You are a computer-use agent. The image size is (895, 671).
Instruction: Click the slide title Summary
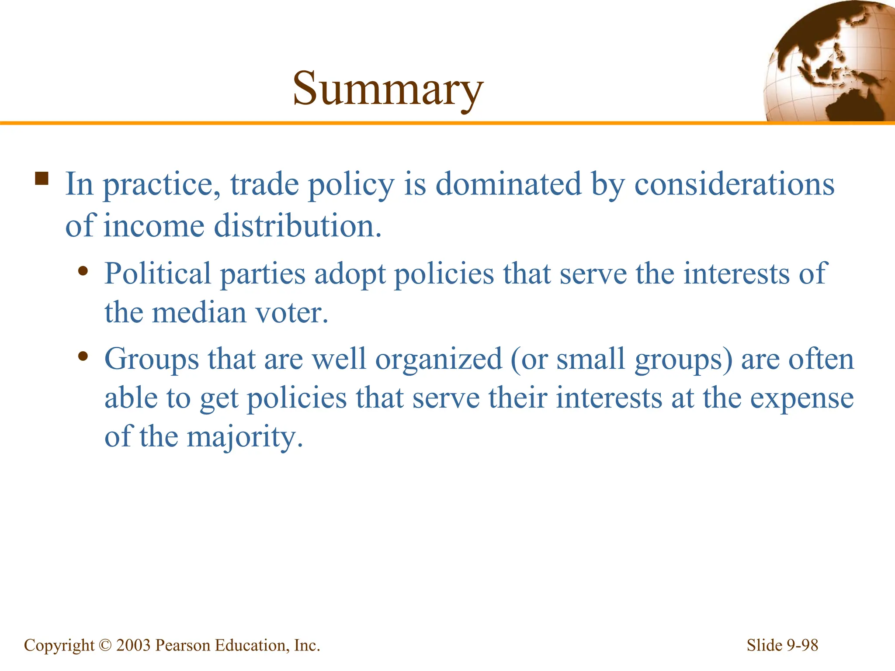pos(388,89)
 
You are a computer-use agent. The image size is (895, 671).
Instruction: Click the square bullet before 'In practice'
pos(42,179)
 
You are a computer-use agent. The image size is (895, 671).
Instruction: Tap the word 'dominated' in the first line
pos(508,184)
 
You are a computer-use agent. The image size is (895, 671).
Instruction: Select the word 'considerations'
pos(734,184)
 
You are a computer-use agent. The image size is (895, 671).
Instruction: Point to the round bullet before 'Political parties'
pos(83,272)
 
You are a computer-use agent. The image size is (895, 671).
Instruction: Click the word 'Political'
pos(158,274)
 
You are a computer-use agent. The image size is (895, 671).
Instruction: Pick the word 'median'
pos(199,313)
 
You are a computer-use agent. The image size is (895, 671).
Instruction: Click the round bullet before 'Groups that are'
pos(83,356)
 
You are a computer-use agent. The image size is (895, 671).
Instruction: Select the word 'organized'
pos(439,359)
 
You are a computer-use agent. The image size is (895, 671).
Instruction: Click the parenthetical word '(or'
pos(528,359)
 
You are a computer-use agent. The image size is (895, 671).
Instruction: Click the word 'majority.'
pos(245,437)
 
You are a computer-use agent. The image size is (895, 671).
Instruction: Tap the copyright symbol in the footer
pos(105,645)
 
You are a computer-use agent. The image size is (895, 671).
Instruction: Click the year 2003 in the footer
pos(133,645)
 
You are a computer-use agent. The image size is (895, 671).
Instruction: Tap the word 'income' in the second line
pos(154,226)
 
